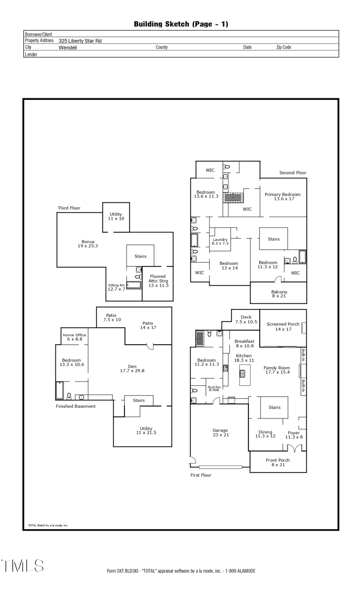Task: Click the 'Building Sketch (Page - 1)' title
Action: pos(181,24)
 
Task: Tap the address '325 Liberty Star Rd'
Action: pos(80,41)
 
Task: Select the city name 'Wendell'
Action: pos(68,48)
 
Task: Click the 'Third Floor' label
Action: pos(69,208)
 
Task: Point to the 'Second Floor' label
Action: pos(293,173)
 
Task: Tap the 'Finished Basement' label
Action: pos(76,406)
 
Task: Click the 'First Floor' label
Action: pos(201,475)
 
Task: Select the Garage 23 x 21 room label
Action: pos(220,433)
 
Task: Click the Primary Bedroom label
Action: pos(282,196)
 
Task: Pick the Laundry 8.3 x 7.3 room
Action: pos(220,241)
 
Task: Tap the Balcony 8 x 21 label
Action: pos(279,294)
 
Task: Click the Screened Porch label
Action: pos(283,326)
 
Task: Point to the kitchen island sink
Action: pos(242,373)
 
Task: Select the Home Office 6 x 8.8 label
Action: pos(74,337)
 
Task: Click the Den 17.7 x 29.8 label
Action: pos(132,368)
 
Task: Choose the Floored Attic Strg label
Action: pos(158,281)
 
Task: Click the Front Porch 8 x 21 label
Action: pos(278,462)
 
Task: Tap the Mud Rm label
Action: pos(214,388)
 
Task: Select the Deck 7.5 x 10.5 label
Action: pos(246,319)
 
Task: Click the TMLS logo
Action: pos(22,565)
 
